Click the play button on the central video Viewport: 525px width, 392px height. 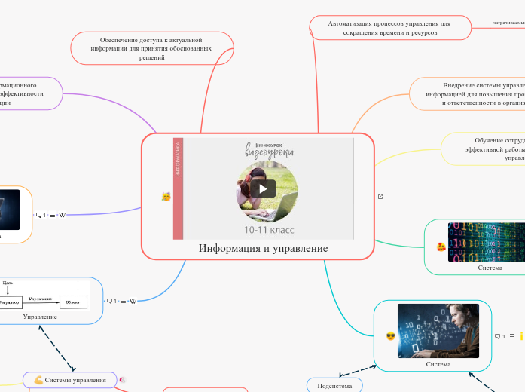point(263,188)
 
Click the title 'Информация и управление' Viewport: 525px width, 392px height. point(263,248)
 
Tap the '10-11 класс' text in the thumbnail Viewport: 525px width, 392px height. point(268,228)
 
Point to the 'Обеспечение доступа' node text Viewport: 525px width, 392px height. point(151,48)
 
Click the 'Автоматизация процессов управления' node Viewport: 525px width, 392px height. point(389,28)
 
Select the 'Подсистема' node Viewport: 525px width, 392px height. point(334,385)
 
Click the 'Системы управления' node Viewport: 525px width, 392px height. point(75,380)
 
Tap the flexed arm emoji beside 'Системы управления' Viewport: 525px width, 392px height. point(38,380)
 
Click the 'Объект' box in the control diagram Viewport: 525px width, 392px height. point(73,302)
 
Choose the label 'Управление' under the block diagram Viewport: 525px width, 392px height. point(40,317)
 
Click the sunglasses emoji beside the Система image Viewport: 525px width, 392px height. point(390,336)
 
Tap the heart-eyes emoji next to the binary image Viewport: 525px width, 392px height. point(441,247)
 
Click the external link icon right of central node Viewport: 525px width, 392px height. point(380,197)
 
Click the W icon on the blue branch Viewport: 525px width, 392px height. point(133,301)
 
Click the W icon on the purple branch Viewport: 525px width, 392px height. point(62,215)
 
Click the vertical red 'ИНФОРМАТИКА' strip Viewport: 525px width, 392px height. point(178,188)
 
